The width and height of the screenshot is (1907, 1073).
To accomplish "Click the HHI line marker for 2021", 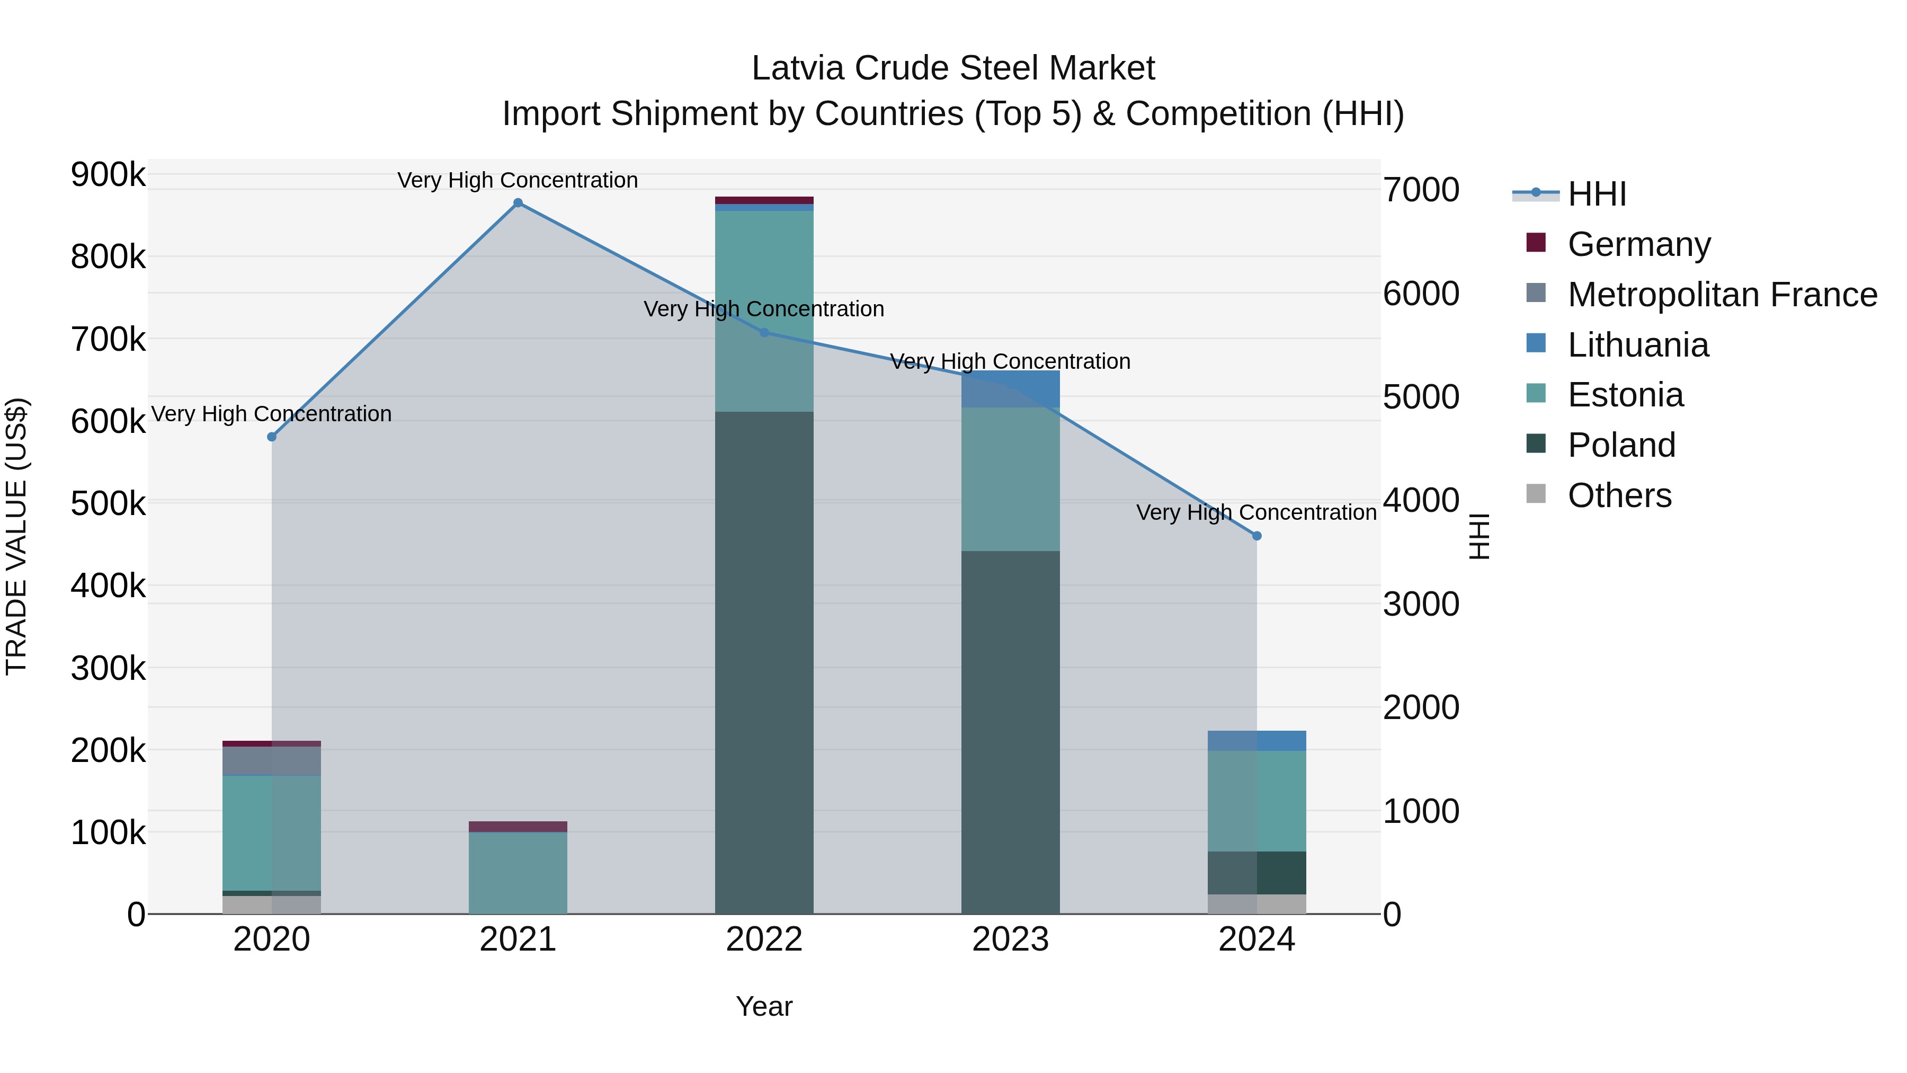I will (x=518, y=203).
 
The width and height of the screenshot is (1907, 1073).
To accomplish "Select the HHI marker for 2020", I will (x=272, y=437).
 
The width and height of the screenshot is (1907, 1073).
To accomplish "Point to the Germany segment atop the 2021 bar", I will (x=518, y=827).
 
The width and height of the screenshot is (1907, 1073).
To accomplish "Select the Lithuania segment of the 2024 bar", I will (x=1257, y=741).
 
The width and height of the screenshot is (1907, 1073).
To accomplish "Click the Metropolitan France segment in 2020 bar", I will (x=272, y=760).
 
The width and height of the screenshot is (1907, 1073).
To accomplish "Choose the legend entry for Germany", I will (x=1638, y=244).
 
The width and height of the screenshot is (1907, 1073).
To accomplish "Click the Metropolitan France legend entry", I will (x=1722, y=294).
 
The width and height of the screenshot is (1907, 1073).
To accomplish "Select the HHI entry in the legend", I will (x=1597, y=194).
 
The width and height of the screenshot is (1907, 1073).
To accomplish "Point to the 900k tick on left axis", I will (x=108, y=175).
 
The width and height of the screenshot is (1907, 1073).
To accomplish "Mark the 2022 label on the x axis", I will (x=764, y=939).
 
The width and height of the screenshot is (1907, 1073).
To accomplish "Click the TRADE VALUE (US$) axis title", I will (x=16, y=536).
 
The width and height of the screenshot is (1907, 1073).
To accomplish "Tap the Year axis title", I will (x=764, y=1006).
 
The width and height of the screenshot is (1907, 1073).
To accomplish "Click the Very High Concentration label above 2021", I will (x=518, y=180).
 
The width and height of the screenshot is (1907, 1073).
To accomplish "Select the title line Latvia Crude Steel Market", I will (x=953, y=68).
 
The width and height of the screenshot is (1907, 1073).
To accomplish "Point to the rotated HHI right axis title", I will (x=1478, y=536).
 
